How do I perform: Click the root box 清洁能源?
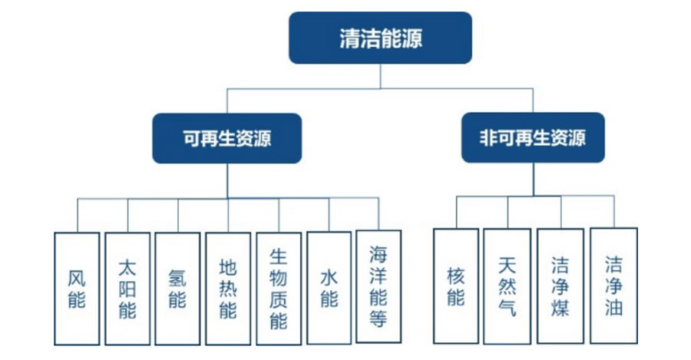pyautogui.click(x=380, y=38)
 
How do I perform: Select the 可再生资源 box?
pyautogui.click(x=226, y=138)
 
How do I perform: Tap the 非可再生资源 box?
pyautogui.click(x=533, y=138)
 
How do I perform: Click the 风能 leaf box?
pyautogui.click(x=77, y=288)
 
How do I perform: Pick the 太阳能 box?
pyautogui.click(x=127, y=288)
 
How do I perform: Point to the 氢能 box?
pyautogui.click(x=177, y=288)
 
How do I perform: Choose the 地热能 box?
pyautogui.click(x=228, y=288)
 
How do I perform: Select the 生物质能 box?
pyautogui.click(x=279, y=288)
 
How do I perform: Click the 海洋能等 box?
pyautogui.click(x=379, y=286)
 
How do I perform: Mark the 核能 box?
pyautogui.click(x=456, y=286)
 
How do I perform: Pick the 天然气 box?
pyautogui.click(x=507, y=286)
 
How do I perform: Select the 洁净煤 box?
pyautogui.click(x=560, y=286)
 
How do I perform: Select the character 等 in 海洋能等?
pyautogui.click(x=379, y=319)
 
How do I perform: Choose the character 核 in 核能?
pyautogui.click(x=456, y=276)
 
